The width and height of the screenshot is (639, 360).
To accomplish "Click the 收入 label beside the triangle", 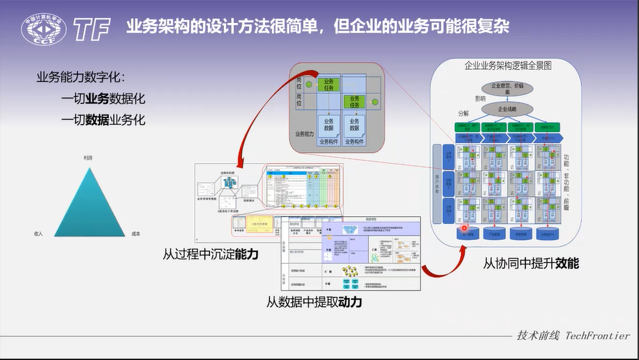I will point(39,234).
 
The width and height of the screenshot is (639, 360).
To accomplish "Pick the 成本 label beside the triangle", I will point(135,234).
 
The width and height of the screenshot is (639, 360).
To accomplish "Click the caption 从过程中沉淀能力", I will point(211,255).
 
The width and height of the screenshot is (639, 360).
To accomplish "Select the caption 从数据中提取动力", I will point(315,303).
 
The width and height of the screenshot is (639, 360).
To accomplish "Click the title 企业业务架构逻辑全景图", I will point(508,66).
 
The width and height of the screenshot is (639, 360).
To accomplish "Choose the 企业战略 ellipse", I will point(506,110).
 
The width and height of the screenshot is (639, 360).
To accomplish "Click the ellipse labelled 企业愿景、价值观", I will point(507,88).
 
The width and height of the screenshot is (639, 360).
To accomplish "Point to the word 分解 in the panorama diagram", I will point(464,112).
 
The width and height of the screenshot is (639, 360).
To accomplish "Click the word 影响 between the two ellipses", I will point(481,99).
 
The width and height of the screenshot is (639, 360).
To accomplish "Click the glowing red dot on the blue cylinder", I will point(464,227).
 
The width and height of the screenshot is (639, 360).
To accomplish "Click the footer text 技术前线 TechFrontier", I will point(573,336).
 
